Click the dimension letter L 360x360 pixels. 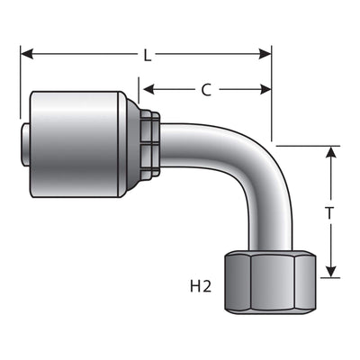[147, 56]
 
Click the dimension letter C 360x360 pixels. [206, 90]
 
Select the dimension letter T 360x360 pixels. [329, 213]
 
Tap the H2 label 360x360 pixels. [201, 287]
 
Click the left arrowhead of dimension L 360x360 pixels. [27, 54]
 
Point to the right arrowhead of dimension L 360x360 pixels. [265, 54]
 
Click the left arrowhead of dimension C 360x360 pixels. [149, 89]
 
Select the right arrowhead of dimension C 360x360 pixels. [265, 89]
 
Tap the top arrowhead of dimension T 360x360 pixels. [330, 152]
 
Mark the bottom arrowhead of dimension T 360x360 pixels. [330, 271]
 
